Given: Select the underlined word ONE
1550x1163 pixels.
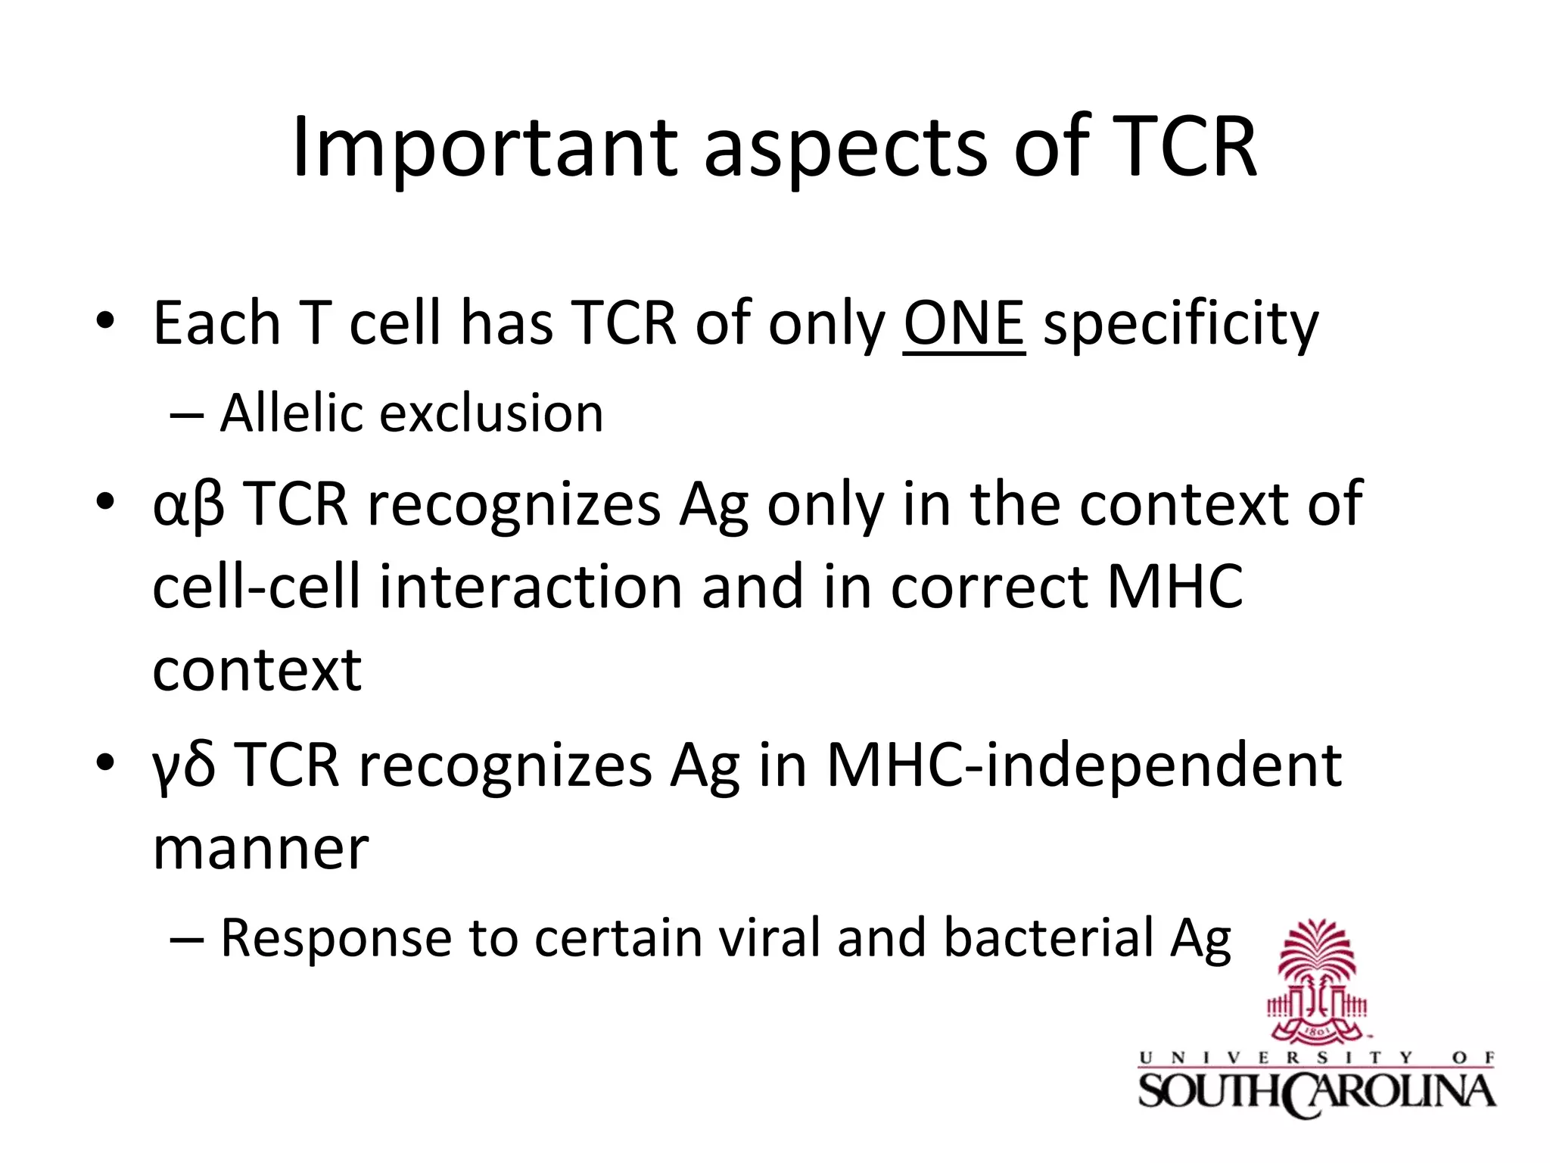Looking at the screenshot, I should click(963, 324).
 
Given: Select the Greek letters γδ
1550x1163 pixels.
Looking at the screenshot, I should click(184, 766).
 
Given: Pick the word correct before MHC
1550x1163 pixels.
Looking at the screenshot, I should click(988, 588).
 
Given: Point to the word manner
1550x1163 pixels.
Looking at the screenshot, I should click(260, 850).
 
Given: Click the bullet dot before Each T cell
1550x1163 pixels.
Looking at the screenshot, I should click(105, 322).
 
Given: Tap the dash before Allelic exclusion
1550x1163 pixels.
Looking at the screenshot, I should click(186, 415).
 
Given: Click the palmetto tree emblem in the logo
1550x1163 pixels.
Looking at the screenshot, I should click(1317, 981).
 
